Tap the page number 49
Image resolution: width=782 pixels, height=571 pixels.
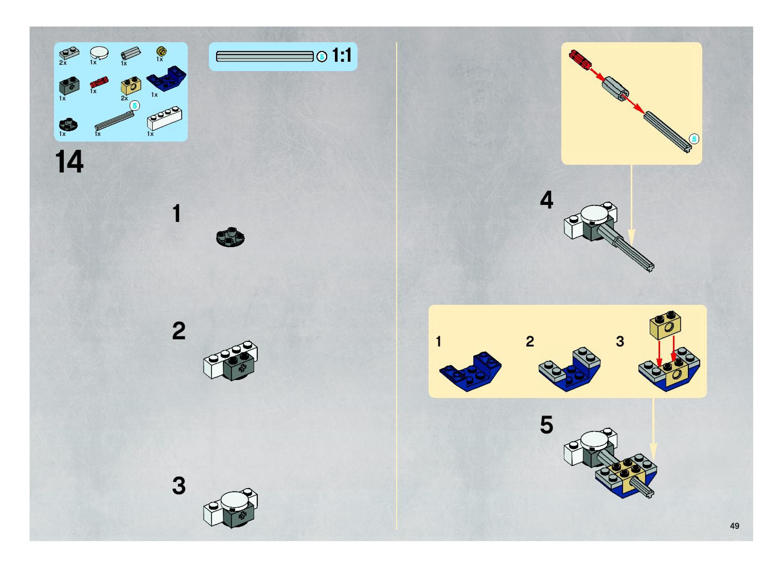pos(735,526)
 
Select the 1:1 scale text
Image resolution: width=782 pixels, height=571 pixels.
pos(342,55)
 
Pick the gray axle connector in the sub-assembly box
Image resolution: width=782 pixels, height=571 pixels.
pos(615,89)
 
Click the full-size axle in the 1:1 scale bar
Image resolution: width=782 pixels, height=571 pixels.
pos(265,56)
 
